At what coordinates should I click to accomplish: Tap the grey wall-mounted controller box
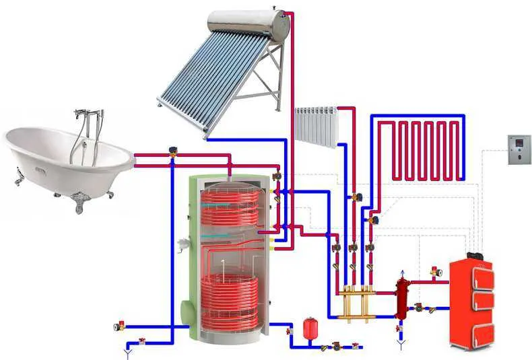click(519, 150)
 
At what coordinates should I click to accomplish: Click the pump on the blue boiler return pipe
click(419, 308)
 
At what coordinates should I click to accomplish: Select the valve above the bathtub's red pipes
click(174, 152)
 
